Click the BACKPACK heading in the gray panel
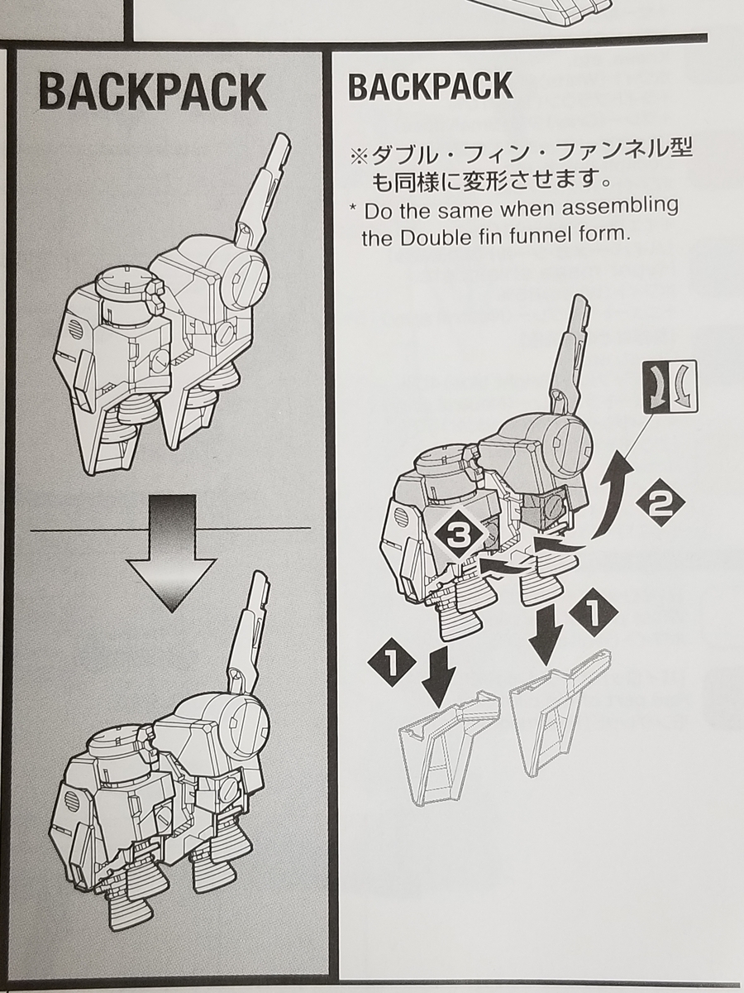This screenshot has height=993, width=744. point(153,93)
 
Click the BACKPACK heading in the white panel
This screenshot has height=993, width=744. point(430,86)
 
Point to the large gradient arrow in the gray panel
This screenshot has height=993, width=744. point(172,550)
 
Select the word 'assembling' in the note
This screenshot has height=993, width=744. point(632,206)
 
